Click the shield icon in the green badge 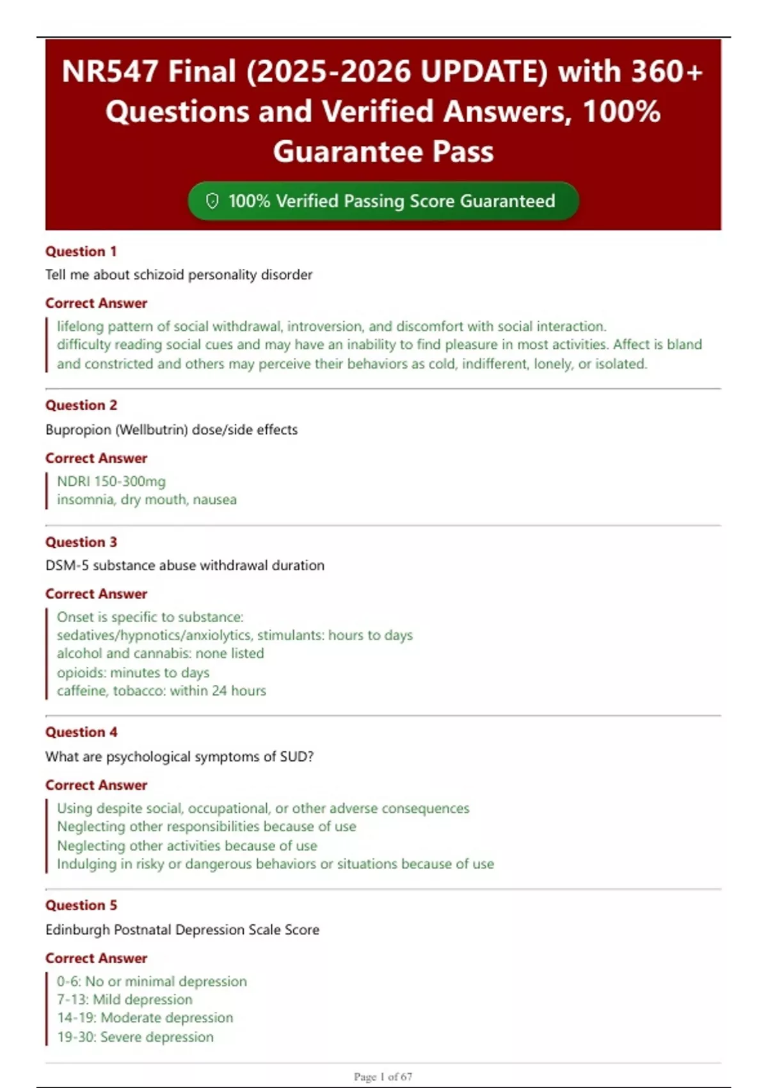tap(212, 201)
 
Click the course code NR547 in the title tap(109, 71)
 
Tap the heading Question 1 tap(81, 252)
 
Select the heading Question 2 tap(81, 405)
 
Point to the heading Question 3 tap(81, 542)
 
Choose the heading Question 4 tap(81, 732)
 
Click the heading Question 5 tap(81, 905)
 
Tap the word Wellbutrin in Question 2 tap(150, 429)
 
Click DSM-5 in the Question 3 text tap(67, 565)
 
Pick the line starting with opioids tap(133, 673)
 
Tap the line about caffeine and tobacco tap(161, 691)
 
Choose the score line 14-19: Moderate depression tap(145, 1018)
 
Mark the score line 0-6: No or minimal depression tap(152, 981)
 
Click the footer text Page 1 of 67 tap(383, 1076)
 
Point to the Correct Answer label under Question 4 tap(96, 785)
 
